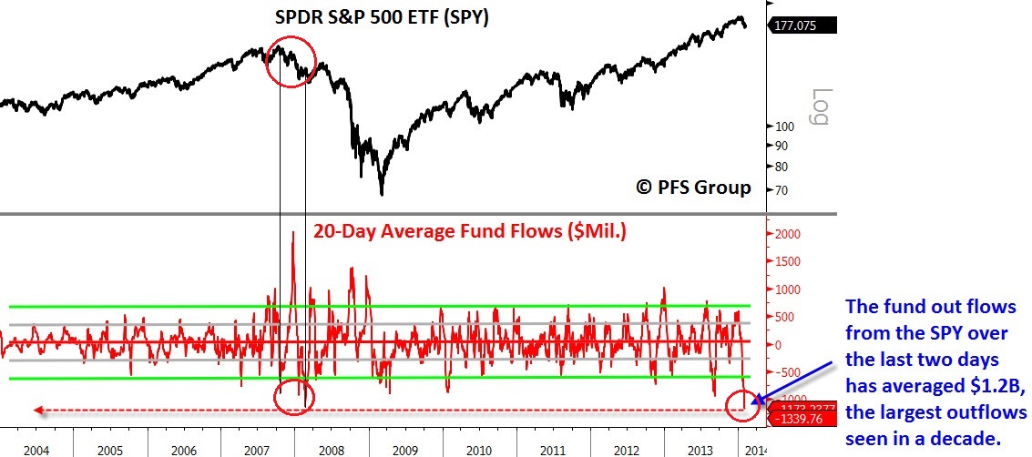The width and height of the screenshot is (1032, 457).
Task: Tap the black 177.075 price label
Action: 802,26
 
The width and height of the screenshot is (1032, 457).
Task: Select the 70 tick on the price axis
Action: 781,190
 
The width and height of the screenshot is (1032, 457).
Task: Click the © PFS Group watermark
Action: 693,188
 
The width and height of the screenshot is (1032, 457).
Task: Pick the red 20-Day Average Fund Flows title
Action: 469,231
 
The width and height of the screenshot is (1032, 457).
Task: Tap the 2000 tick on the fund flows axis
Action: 785,234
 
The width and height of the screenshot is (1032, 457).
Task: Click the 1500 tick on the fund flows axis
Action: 785,262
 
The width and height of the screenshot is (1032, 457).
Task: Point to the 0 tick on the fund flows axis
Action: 775,345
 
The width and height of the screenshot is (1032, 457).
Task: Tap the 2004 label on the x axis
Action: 36,450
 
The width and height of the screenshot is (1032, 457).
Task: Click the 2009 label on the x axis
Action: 405,450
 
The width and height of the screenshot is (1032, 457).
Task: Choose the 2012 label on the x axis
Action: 627,450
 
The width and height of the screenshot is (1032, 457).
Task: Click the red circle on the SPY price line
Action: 291,61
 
